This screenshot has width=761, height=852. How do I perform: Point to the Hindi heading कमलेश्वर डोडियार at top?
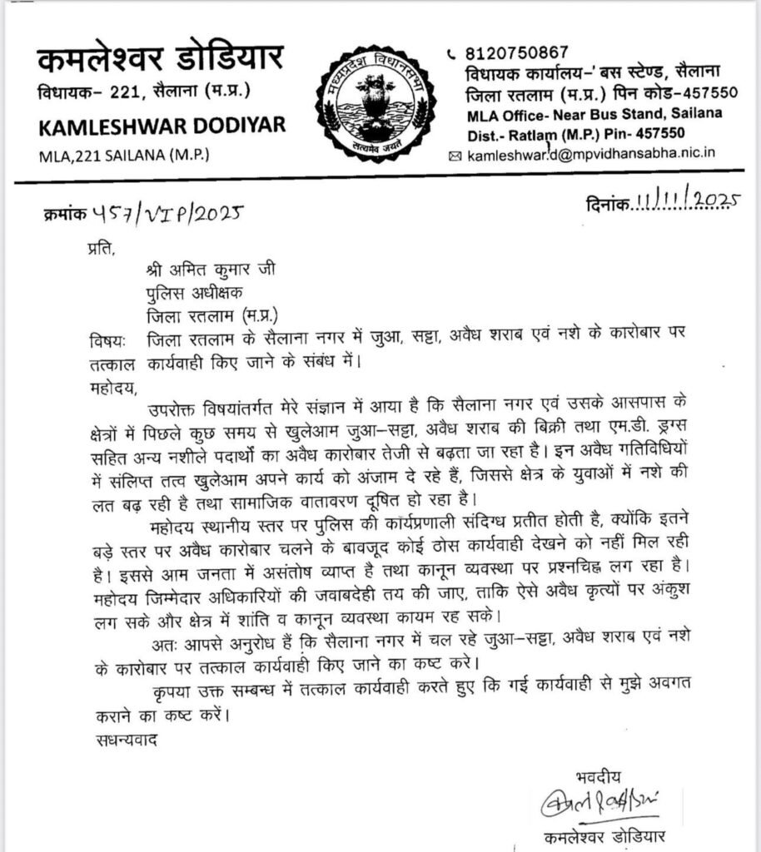tap(160, 60)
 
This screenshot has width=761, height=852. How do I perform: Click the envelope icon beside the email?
tap(454, 156)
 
